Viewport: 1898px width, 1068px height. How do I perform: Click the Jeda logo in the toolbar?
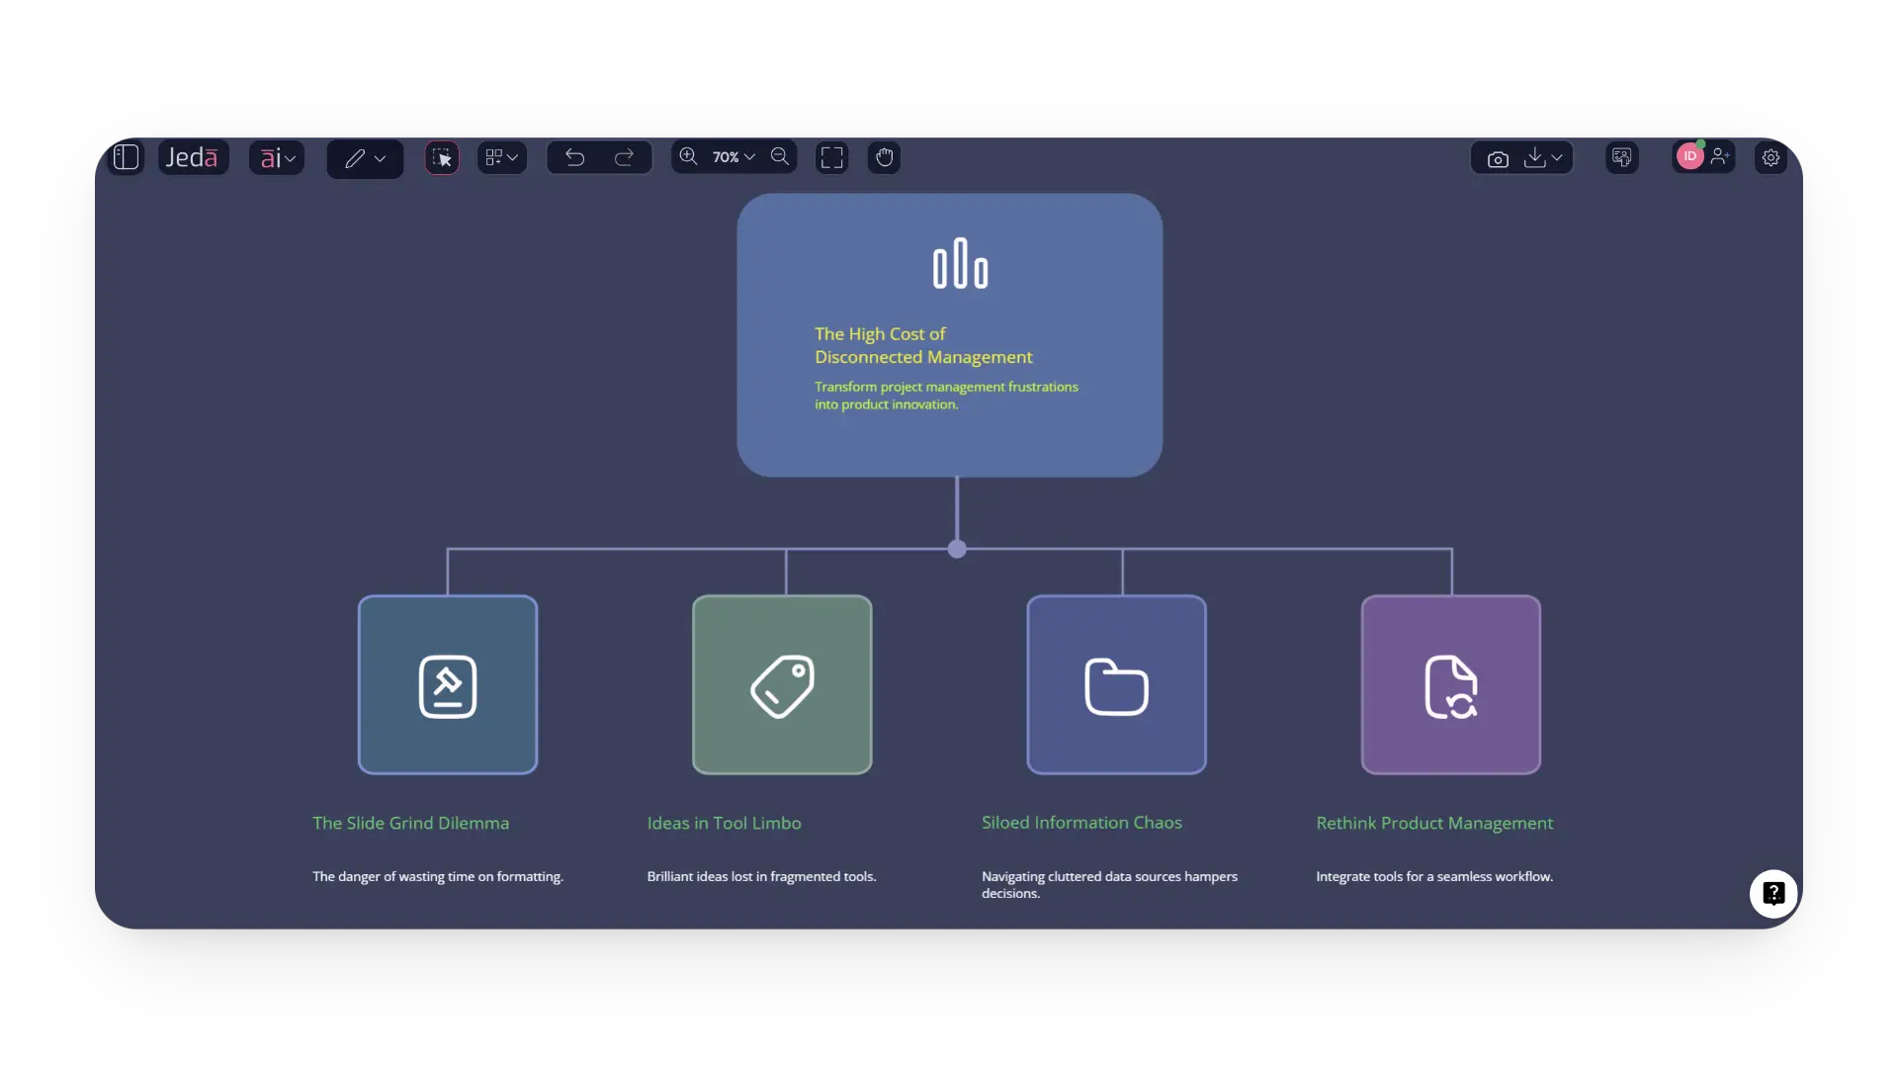click(x=192, y=157)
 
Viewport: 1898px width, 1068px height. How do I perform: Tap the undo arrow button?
click(x=574, y=157)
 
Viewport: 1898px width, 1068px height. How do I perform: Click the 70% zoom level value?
click(x=726, y=157)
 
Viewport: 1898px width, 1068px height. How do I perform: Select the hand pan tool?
click(x=884, y=157)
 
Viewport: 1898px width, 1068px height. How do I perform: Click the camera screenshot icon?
click(x=1498, y=158)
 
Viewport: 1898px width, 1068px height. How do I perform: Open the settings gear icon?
click(x=1770, y=157)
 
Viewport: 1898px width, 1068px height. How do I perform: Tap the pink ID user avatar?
click(x=1689, y=156)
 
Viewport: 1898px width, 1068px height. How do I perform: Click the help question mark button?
click(x=1773, y=893)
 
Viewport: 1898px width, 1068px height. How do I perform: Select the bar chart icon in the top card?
click(x=960, y=264)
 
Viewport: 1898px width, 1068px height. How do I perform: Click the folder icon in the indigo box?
click(x=1116, y=685)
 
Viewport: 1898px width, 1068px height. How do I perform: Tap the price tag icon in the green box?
click(x=782, y=685)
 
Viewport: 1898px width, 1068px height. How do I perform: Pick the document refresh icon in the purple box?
click(x=1450, y=685)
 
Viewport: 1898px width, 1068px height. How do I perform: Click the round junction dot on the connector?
click(x=957, y=549)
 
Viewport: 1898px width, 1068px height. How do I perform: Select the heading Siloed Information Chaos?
click(x=1081, y=823)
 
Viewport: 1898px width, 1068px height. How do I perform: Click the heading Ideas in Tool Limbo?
click(x=724, y=823)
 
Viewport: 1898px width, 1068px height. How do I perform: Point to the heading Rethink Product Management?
click(x=1434, y=823)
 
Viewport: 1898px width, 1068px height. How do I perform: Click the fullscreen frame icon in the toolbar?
click(x=832, y=157)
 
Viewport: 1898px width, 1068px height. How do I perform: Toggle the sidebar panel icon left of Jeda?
click(x=127, y=157)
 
